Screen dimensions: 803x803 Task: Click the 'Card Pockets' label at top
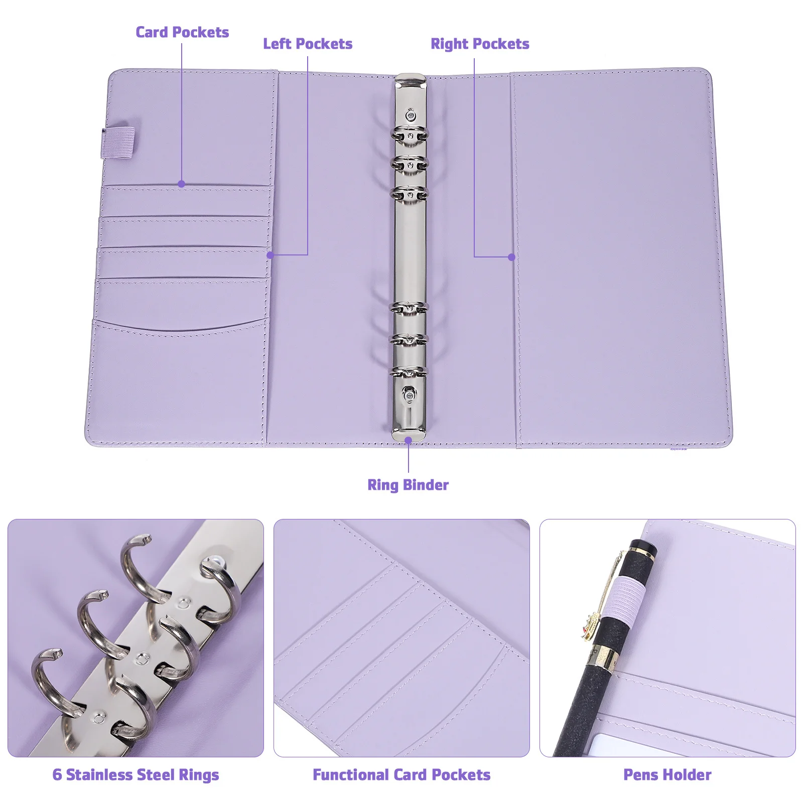[x=182, y=32]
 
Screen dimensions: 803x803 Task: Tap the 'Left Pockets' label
[x=308, y=44]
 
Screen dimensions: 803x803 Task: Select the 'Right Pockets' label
[x=480, y=44]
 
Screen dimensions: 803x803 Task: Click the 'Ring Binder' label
[x=408, y=485]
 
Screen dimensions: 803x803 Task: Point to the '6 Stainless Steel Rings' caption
[x=136, y=774]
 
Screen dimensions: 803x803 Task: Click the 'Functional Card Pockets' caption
[x=401, y=774]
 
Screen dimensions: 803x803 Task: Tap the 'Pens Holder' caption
[x=667, y=774]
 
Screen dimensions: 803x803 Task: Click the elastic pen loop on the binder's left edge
[x=119, y=143]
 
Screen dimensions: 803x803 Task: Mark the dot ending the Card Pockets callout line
[x=182, y=184]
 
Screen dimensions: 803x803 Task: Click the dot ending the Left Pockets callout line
[x=271, y=255]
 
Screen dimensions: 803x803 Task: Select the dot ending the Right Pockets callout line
[x=511, y=257]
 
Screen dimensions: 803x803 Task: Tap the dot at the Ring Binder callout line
[x=409, y=440]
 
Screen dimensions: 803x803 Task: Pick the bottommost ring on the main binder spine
[x=410, y=372]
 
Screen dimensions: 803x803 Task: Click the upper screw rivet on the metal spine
[x=411, y=115]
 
